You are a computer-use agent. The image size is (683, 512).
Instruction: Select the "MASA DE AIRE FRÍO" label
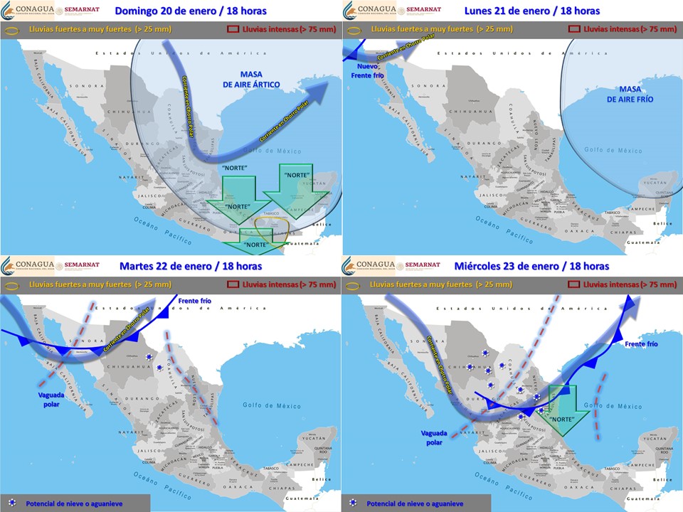coord(630,94)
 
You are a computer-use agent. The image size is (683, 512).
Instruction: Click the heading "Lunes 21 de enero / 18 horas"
coord(531,11)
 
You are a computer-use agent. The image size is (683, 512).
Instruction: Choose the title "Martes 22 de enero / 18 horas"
coord(190,266)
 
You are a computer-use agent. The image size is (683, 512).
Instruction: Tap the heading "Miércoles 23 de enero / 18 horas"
coord(531,266)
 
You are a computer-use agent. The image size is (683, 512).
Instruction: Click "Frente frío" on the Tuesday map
coord(195,301)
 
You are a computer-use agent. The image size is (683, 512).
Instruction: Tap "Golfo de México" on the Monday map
coord(613,150)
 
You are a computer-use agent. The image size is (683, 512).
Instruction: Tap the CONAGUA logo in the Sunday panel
coord(28,11)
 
